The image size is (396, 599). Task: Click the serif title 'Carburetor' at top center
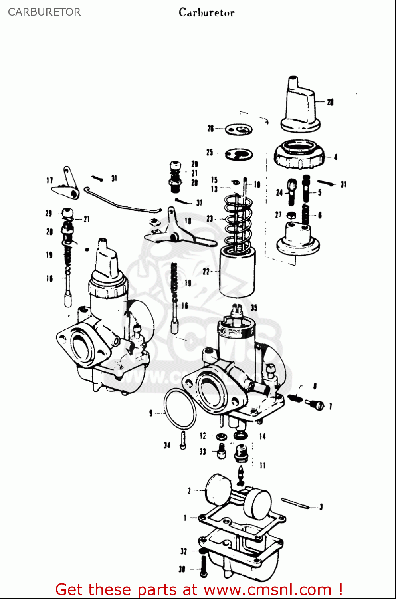point(206,12)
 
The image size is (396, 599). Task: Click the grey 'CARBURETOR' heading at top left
point(44,12)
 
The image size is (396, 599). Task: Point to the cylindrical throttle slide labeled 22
point(237,272)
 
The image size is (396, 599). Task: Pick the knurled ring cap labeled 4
point(299,155)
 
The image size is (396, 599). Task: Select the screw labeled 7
point(315,405)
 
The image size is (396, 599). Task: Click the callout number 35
point(254,308)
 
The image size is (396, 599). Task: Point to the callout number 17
point(49,180)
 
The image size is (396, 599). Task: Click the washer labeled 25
point(239,154)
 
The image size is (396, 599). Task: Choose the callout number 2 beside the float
point(189,490)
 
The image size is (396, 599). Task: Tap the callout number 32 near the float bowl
point(183,551)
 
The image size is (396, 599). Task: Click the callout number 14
point(262,436)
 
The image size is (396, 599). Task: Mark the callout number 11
point(262,466)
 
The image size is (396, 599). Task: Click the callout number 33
point(203,452)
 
